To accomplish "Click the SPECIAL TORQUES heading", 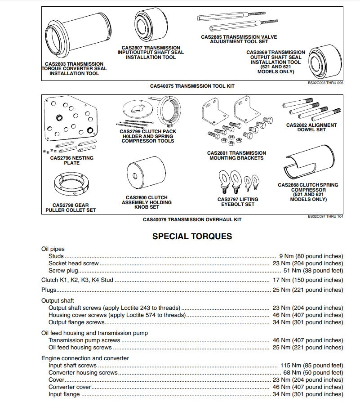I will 192,236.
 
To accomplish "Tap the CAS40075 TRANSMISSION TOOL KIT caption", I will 192,85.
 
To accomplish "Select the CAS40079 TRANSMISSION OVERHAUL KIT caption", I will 192,220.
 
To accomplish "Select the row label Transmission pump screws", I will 84,340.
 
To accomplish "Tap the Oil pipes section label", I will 53,249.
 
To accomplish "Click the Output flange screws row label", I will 76,322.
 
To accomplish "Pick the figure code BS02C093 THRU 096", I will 325,83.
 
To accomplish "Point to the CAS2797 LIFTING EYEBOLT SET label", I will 236,201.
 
